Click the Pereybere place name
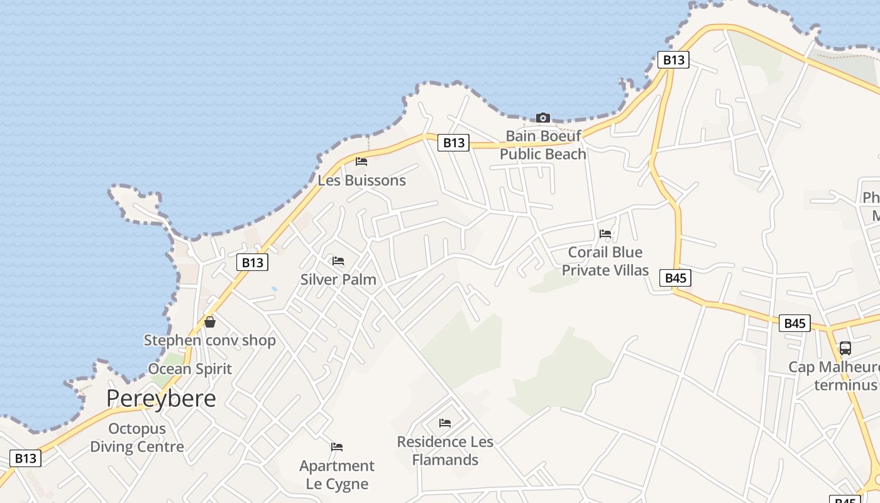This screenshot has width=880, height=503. point(161,399)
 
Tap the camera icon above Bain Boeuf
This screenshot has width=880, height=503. point(543,118)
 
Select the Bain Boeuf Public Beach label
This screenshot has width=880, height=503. point(543,145)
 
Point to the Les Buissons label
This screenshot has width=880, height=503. point(361,180)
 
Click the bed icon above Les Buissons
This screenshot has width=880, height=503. point(361,162)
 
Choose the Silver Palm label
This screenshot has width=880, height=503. point(338,280)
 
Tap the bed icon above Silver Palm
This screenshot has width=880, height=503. point(338,261)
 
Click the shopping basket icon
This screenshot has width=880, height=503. point(210,322)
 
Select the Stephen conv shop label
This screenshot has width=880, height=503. point(210,341)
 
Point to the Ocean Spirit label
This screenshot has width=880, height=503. point(190,369)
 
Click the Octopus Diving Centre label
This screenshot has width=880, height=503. point(137,438)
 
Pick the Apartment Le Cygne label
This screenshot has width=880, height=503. point(337,475)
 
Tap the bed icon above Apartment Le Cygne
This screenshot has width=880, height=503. point(337,447)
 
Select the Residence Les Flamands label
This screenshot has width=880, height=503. point(445,451)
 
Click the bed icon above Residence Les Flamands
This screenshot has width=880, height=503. point(445,423)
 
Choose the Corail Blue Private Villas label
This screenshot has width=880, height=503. point(605,261)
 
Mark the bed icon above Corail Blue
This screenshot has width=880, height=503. point(605,233)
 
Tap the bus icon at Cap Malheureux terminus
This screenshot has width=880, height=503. point(845,348)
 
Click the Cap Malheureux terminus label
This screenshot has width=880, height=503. point(836,376)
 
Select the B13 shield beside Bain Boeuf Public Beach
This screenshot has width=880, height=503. point(454,143)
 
